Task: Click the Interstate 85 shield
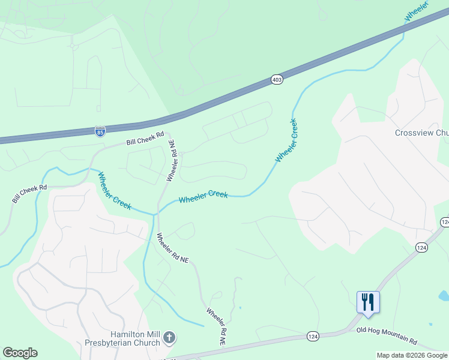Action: click(100, 131)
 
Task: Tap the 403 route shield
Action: click(277, 79)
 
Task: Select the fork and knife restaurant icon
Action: click(367, 302)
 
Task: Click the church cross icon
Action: click(169, 337)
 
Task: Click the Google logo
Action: click(20, 353)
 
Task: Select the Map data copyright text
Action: click(412, 355)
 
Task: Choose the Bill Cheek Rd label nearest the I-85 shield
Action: click(145, 139)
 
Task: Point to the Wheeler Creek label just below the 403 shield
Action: click(286, 140)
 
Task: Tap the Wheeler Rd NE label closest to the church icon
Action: click(216, 326)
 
